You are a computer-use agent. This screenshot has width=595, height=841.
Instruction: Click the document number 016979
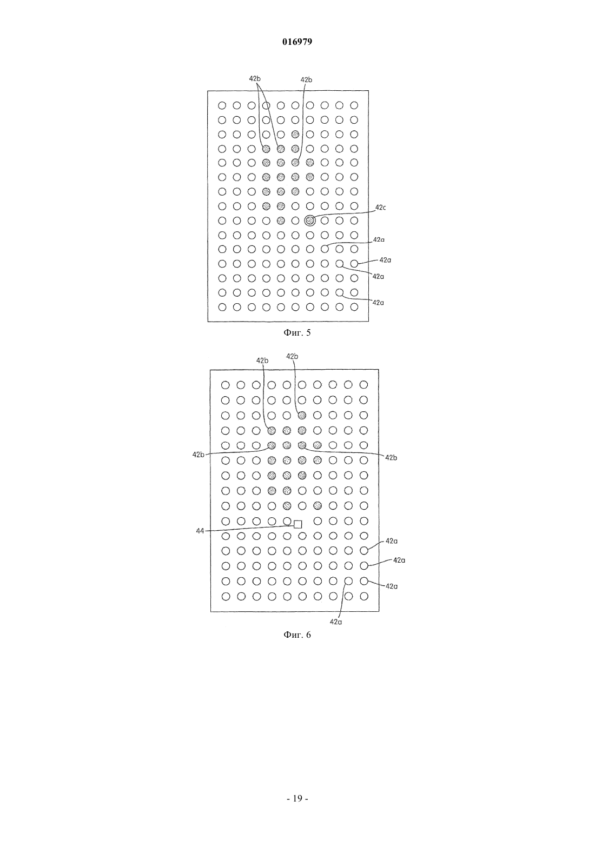(x=297, y=42)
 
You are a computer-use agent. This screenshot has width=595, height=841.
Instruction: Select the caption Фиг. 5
(x=297, y=332)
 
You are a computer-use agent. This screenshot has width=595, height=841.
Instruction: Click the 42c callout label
(x=380, y=207)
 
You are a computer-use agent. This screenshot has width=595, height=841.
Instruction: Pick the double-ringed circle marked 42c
(x=310, y=221)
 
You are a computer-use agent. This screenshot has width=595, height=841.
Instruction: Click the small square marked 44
(x=298, y=524)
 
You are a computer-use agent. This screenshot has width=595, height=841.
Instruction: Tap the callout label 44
(x=200, y=531)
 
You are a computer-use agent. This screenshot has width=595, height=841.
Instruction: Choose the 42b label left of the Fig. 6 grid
(x=199, y=455)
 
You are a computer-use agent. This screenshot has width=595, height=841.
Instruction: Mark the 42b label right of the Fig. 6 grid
(x=391, y=458)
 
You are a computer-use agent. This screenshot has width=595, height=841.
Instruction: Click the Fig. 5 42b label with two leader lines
(x=255, y=78)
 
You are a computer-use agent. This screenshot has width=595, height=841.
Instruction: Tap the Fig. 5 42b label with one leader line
(x=306, y=79)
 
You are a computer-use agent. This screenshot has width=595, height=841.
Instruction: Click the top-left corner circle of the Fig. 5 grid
(x=222, y=105)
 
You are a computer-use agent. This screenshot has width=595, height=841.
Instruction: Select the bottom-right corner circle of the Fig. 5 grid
(x=354, y=307)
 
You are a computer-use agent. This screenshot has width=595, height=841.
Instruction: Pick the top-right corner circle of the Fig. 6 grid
(x=363, y=385)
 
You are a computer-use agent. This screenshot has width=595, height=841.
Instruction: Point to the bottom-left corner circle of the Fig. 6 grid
(x=226, y=596)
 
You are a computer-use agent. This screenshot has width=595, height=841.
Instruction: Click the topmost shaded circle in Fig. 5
(x=295, y=134)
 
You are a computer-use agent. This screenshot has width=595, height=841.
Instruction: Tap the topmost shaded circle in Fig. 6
(x=302, y=415)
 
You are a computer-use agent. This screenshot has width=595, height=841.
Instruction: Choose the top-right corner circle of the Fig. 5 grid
(x=354, y=105)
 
